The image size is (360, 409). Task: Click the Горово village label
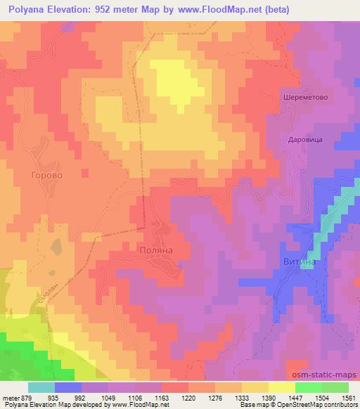click(x=48, y=174)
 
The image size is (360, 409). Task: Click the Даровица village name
click(x=305, y=139)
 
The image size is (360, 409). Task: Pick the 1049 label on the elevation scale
click(x=108, y=397)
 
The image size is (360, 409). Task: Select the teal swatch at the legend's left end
click(x=41, y=387)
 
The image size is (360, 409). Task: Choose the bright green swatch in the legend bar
click(x=309, y=387)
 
